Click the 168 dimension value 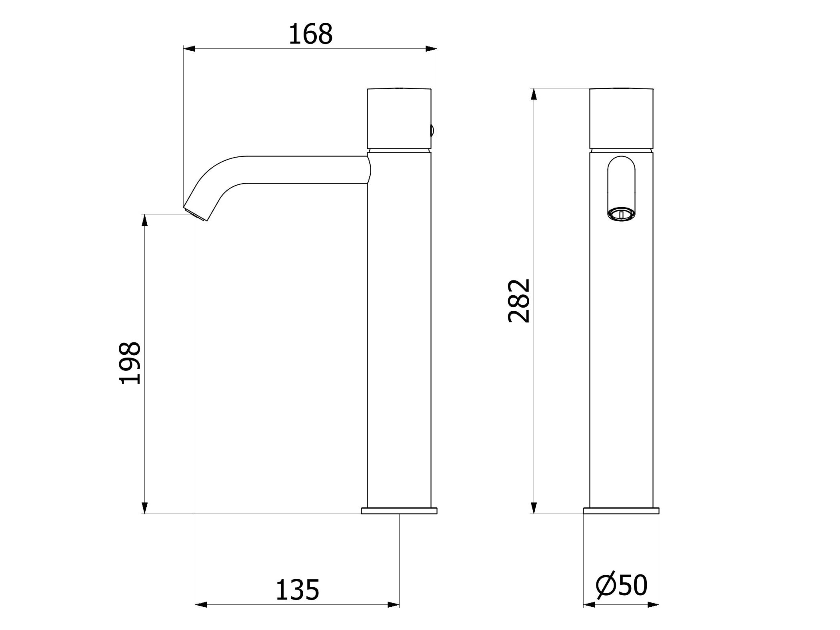310,34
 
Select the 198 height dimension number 130,363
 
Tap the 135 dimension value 298,590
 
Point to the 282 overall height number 519,301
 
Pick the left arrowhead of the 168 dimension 189,49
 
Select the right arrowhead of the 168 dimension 431,49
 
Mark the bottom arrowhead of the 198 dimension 145,508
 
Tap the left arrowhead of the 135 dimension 201,616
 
